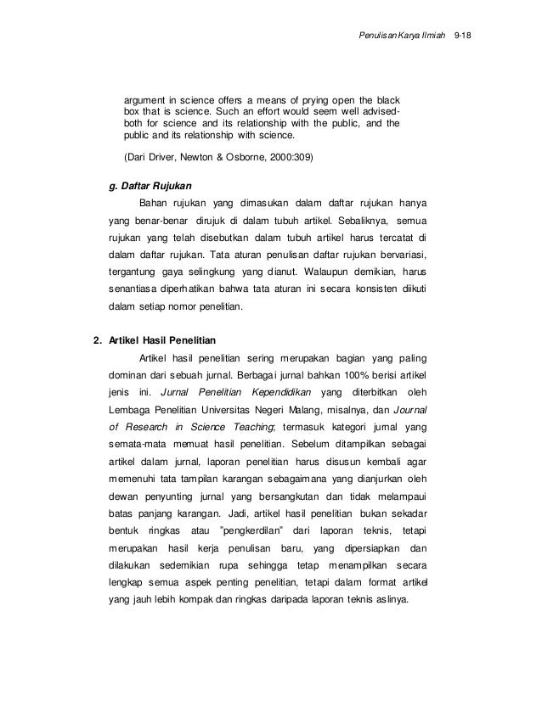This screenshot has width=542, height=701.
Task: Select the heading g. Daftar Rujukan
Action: tap(146, 184)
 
